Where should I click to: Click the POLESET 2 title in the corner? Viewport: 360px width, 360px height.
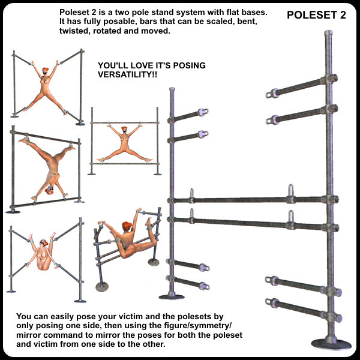(316, 15)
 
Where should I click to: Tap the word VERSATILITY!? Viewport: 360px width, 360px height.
(128, 74)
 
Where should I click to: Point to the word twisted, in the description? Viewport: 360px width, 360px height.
(74, 31)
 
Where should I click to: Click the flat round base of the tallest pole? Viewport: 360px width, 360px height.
(331, 344)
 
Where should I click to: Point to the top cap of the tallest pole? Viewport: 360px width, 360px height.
(328, 33)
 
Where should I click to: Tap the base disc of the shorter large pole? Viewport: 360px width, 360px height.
(172, 297)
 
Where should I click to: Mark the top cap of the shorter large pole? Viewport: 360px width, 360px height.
(172, 89)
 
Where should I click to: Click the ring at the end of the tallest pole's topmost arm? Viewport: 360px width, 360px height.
(269, 95)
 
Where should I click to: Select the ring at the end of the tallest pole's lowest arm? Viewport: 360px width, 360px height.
(268, 301)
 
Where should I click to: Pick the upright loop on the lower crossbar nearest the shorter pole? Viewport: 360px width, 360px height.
(191, 213)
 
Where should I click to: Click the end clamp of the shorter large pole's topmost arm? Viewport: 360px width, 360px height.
(203, 112)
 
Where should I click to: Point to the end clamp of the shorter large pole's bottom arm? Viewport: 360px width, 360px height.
(204, 286)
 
